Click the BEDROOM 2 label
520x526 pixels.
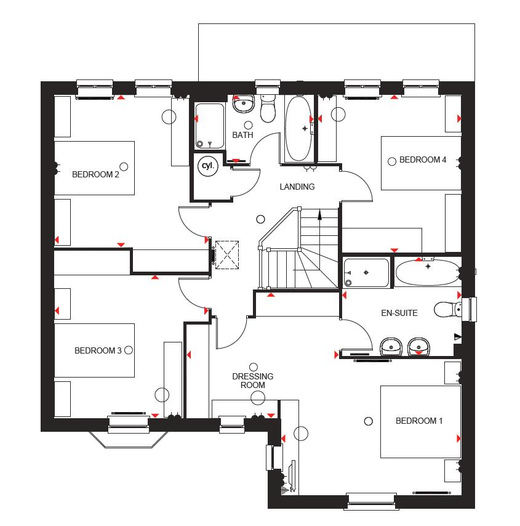tap(95, 174)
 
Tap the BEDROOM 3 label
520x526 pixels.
tap(98, 351)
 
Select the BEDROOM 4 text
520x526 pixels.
tap(423, 160)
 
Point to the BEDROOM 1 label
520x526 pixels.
tap(418, 421)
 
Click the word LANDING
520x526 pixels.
tap(297, 187)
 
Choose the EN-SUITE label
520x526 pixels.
tap(398, 314)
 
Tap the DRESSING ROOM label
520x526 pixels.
tap(252, 381)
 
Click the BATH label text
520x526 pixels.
tap(242, 135)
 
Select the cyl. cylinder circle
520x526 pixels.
tap(206, 166)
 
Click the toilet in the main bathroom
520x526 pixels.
tap(268, 110)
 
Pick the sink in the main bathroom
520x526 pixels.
tap(244, 104)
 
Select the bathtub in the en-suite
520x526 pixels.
tap(427, 272)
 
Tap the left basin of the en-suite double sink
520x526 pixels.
tap(391, 347)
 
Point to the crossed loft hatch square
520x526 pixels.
tap(227, 254)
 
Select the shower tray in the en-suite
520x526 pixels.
tap(366, 273)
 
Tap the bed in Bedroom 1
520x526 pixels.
tap(420, 422)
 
